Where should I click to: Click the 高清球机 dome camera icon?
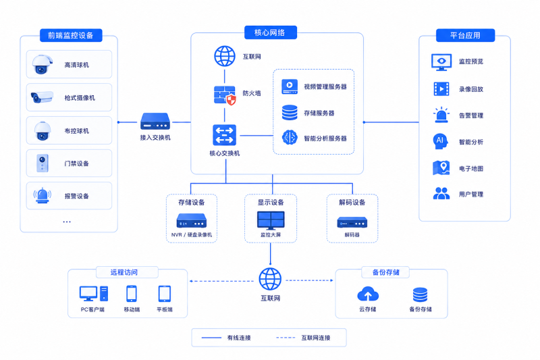pyautogui.click(x=42, y=64)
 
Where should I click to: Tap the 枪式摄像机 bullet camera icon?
pyautogui.click(x=42, y=97)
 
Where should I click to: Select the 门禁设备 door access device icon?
pyautogui.click(x=43, y=163)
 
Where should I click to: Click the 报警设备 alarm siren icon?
pyautogui.click(x=43, y=195)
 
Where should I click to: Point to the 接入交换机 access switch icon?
pyautogui.click(x=155, y=122)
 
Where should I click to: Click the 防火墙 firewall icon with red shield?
pyautogui.click(x=225, y=95)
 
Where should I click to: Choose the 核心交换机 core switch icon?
pyautogui.click(x=225, y=135)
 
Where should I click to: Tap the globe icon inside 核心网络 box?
pyautogui.click(x=225, y=56)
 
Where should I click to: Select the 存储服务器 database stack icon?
pyautogui.click(x=290, y=113)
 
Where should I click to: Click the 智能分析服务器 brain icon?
pyautogui.click(x=290, y=138)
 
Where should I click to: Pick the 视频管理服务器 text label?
pyautogui.click(x=325, y=87)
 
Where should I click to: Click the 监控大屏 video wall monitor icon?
pyautogui.click(x=271, y=220)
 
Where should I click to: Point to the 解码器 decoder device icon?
pyautogui.click(x=352, y=222)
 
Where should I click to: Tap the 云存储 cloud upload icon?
pyautogui.click(x=368, y=294)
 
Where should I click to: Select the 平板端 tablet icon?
pyautogui.click(x=164, y=294)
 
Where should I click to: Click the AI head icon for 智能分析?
pyautogui.click(x=441, y=141)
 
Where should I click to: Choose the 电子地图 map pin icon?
pyautogui.click(x=441, y=168)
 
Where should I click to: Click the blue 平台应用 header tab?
pyautogui.click(x=465, y=35)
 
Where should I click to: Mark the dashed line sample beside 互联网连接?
pyautogui.click(x=286, y=338)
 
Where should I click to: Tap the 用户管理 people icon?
pyautogui.click(x=441, y=193)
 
